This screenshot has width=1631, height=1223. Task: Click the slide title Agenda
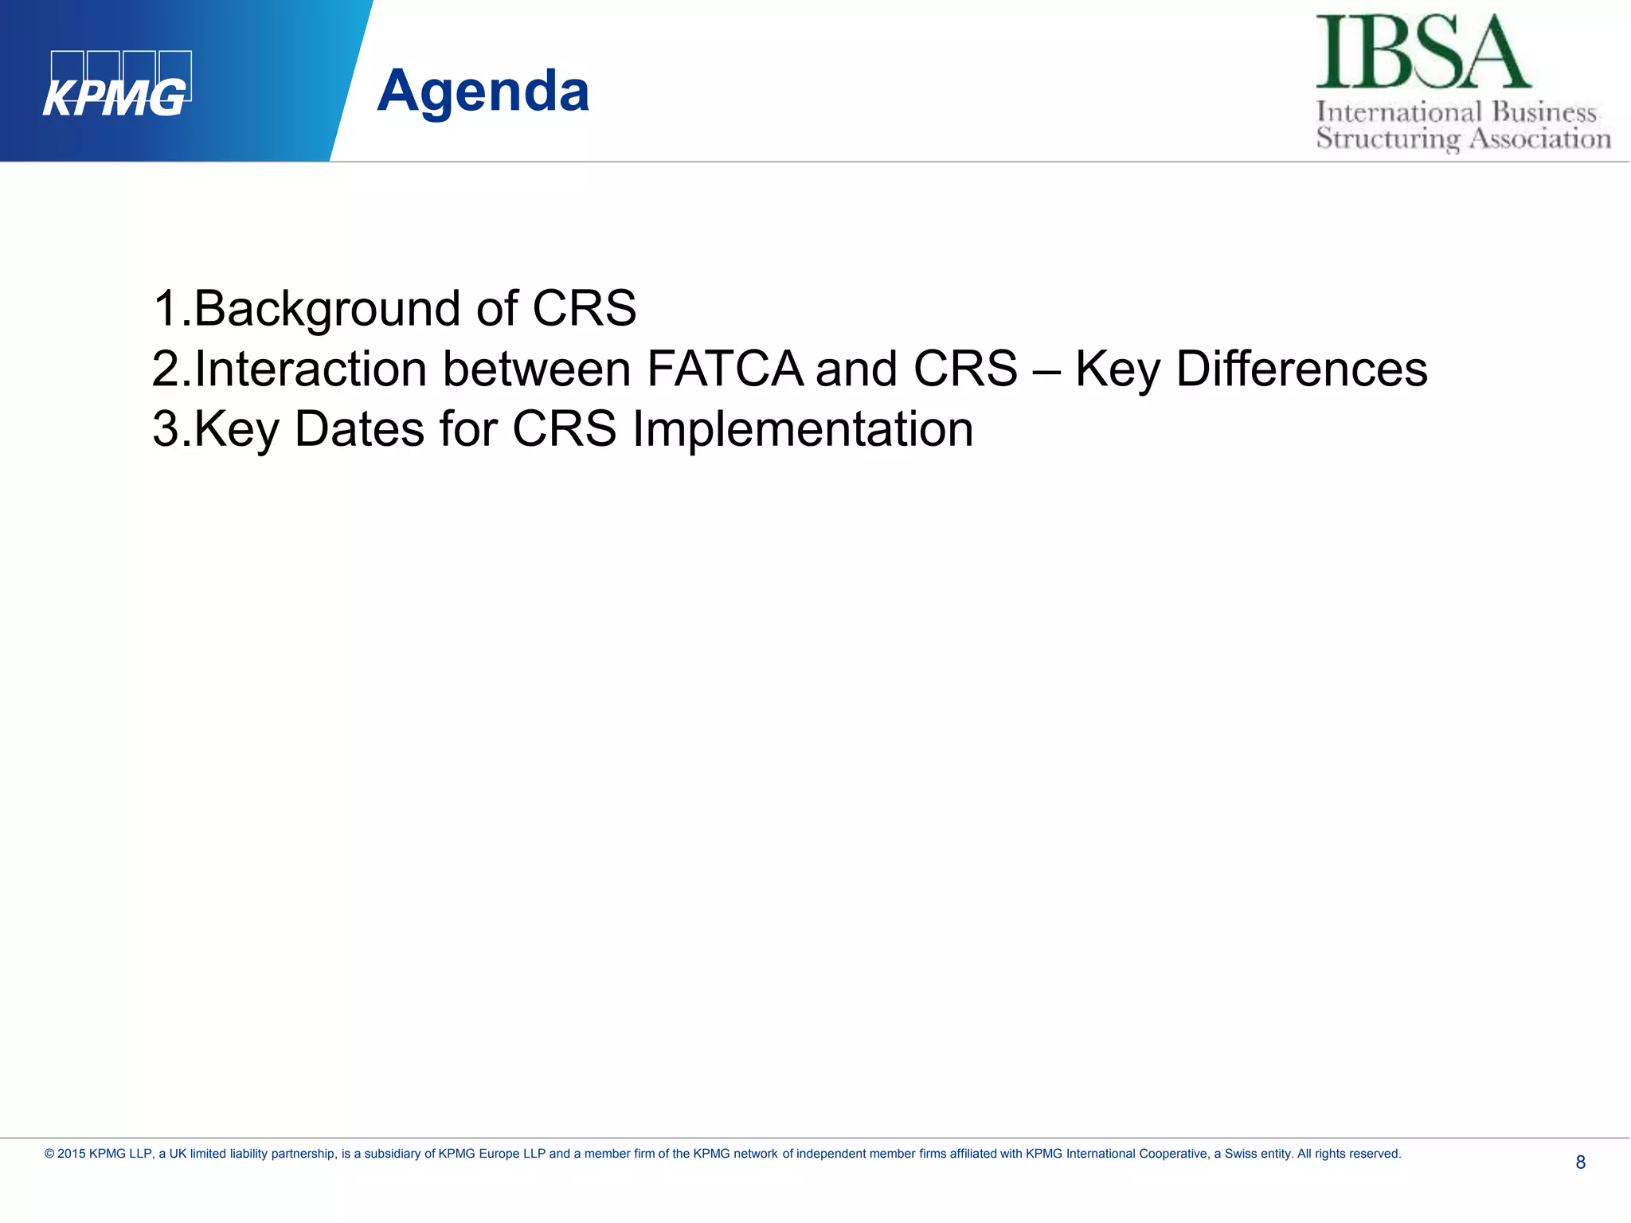[x=483, y=91]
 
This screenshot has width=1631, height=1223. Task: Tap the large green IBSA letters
[x=1422, y=53]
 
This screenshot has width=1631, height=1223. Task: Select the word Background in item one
[x=327, y=309]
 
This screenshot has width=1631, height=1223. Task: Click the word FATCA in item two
[x=725, y=369]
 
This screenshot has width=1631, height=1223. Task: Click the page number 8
[x=1580, y=1162]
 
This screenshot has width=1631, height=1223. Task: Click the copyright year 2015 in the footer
[x=71, y=1154]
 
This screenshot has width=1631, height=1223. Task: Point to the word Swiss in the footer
[x=1240, y=1154]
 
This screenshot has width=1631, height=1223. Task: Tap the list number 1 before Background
[x=166, y=309]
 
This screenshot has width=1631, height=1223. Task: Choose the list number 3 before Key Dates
[x=166, y=429]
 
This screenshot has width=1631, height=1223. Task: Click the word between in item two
[x=537, y=369]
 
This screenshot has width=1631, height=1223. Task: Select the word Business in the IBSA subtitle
[x=1544, y=112]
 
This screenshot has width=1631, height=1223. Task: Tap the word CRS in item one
[x=584, y=309]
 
